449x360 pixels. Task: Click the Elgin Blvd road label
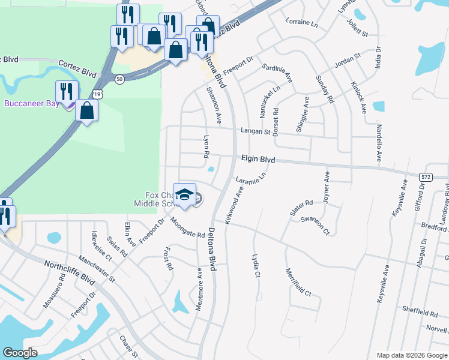pyautogui.click(x=258, y=160)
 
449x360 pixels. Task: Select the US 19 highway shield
pyautogui.click(x=98, y=94)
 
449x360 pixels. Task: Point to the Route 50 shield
pyautogui.click(x=120, y=79)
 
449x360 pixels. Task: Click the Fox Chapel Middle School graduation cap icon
pyautogui.click(x=185, y=194)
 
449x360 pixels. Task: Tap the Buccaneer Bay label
pyautogui.click(x=31, y=103)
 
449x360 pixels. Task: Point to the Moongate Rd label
pyautogui.click(x=187, y=227)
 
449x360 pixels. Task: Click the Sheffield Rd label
pyautogui.click(x=420, y=313)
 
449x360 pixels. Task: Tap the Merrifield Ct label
pyautogui.click(x=298, y=283)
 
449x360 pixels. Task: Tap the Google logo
pyautogui.click(x=20, y=352)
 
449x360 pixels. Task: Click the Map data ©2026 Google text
pyautogui.click(x=411, y=355)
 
